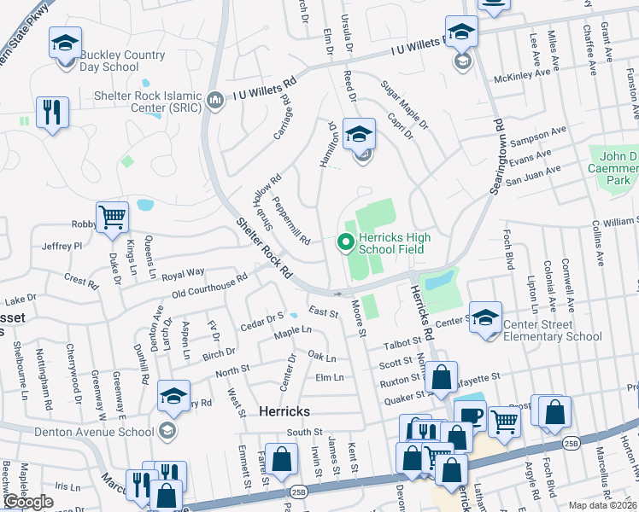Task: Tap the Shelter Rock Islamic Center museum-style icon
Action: pyautogui.click(x=214, y=102)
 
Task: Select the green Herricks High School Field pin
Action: pyautogui.click(x=346, y=244)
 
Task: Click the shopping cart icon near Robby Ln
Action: pyautogui.click(x=113, y=218)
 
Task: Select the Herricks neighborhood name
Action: pyautogui.click(x=284, y=411)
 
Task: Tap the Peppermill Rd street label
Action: pyautogui.click(x=290, y=221)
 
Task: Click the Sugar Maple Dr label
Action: pyautogui.click(x=404, y=102)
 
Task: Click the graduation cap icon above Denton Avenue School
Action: pyautogui.click(x=173, y=395)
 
